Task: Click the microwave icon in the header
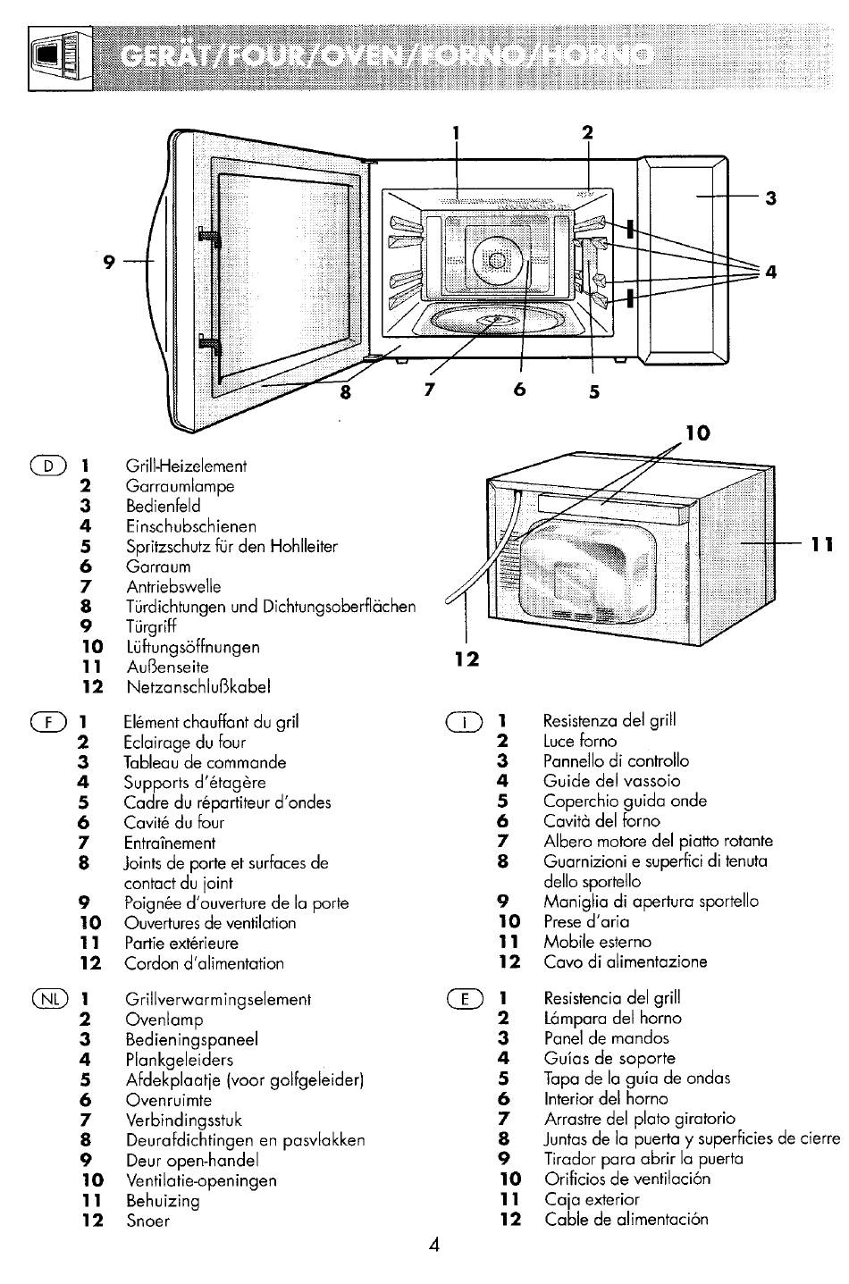pyautogui.click(x=60, y=58)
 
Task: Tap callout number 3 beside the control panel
pyautogui.click(x=771, y=198)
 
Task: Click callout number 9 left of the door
pyautogui.click(x=109, y=262)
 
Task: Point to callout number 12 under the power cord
pyautogui.click(x=467, y=659)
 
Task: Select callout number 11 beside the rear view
pyautogui.click(x=822, y=544)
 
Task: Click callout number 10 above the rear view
pyautogui.click(x=698, y=433)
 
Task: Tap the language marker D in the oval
pyautogui.click(x=48, y=466)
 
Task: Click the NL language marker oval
pyautogui.click(x=50, y=999)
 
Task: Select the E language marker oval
pyautogui.click(x=465, y=1000)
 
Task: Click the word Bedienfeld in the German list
pyautogui.click(x=164, y=506)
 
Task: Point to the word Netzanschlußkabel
pyautogui.click(x=198, y=687)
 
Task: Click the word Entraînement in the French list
pyautogui.click(x=170, y=843)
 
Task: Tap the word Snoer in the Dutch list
pyautogui.click(x=147, y=1221)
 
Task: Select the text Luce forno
pyautogui.click(x=580, y=741)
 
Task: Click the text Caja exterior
pyautogui.click(x=592, y=1199)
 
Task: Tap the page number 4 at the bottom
pyautogui.click(x=434, y=1245)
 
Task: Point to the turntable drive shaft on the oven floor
pyautogui.click(x=495, y=319)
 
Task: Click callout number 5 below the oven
pyautogui.click(x=594, y=392)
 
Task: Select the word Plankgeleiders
pyautogui.click(x=180, y=1060)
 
